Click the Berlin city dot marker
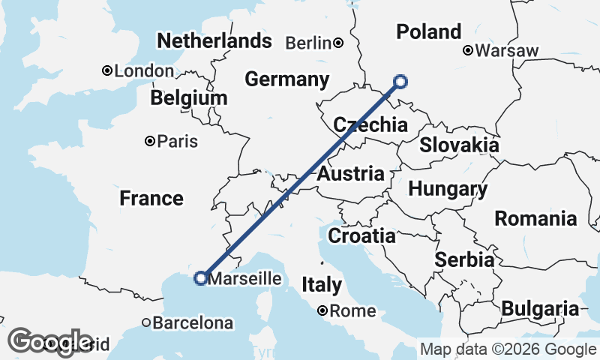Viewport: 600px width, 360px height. tap(339, 43)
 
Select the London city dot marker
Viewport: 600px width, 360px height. tap(107, 71)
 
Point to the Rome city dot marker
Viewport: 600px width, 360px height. tap(322, 310)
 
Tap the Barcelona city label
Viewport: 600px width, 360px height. tap(193, 324)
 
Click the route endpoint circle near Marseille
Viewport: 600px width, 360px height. tap(200, 278)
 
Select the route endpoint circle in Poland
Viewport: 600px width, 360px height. tap(400, 82)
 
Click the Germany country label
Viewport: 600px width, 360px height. tap(287, 79)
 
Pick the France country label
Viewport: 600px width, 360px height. tap(151, 199)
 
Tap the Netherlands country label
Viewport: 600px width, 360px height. tap(214, 40)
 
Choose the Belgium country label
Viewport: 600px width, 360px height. tap(189, 99)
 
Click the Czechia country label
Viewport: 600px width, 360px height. tap(370, 125)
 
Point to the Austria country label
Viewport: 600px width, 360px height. tap(351, 175)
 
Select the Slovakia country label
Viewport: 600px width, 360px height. tap(459, 145)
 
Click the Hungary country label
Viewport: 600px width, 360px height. tap(448, 189)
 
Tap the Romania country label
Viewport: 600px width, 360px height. tap(535, 219)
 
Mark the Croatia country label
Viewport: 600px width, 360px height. tap(361, 236)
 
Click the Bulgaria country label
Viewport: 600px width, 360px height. tap(540, 308)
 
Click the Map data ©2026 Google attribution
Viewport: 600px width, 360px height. tap(508, 349)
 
